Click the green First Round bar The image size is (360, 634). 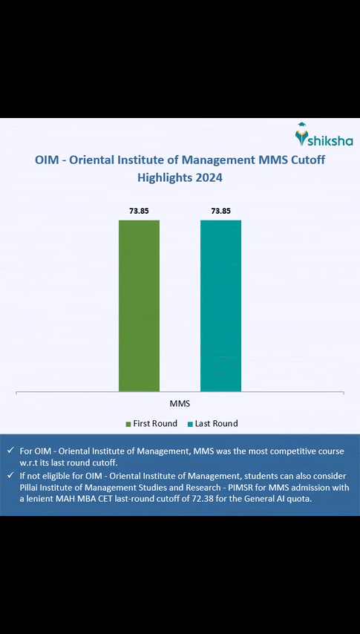(x=139, y=305)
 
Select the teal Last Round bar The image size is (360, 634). (x=220, y=305)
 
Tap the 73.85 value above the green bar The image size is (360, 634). (x=139, y=211)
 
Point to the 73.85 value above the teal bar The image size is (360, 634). (x=220, y=211)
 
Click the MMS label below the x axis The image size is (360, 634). (x=180, y=404)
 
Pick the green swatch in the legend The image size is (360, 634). (x=128, y=424)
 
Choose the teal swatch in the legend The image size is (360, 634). (x=190, y=424)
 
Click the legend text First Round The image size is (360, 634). (x=155, y=424)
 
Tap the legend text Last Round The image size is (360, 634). (x=217, y=424)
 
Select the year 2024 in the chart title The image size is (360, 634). (x=209, y=178)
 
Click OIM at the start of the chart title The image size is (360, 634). (x=48, y=160)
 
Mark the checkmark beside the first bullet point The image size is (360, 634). (x=10, y=451)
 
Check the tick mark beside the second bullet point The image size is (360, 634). (x=10, y=475)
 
